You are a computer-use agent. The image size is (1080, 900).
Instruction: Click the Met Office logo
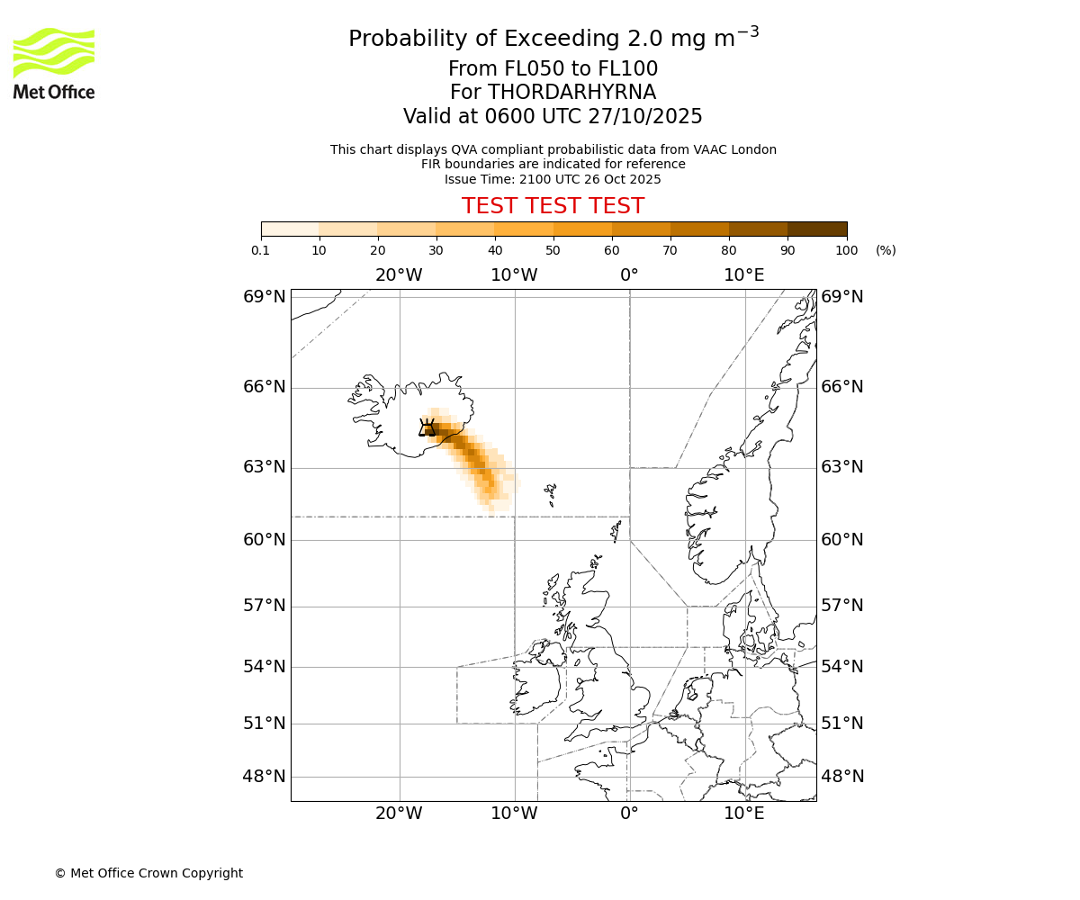pos(54,63)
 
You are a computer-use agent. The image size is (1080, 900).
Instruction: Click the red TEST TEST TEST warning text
pos(553,206)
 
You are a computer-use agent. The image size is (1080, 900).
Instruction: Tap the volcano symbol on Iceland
pos(427,427)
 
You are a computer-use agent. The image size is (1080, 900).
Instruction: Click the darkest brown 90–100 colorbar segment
pos(816,229)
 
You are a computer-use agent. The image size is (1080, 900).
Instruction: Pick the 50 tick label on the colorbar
pos(553,250)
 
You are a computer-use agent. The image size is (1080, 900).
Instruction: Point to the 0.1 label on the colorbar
pos(261,250)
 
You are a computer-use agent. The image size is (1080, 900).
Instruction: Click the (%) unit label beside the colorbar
pos(886,250)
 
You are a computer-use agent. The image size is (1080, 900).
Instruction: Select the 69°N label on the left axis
pos(265,297)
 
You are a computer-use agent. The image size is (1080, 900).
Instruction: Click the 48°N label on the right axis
pos(841,776)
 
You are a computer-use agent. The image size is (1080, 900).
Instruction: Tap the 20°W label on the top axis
pos(399,274)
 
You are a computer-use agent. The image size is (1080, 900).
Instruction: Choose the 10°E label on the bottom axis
pos(744,814)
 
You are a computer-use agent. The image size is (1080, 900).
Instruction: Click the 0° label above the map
pos(629,274)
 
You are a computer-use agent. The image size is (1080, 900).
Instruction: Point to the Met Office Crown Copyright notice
pos(148,873)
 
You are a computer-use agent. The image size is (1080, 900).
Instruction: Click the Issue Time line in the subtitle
pos(553,179)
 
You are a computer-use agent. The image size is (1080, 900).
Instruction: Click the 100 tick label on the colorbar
pos(846,250)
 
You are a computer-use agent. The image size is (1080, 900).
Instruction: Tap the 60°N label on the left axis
pos(265,539)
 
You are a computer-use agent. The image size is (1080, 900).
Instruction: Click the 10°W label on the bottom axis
pos(514,814)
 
